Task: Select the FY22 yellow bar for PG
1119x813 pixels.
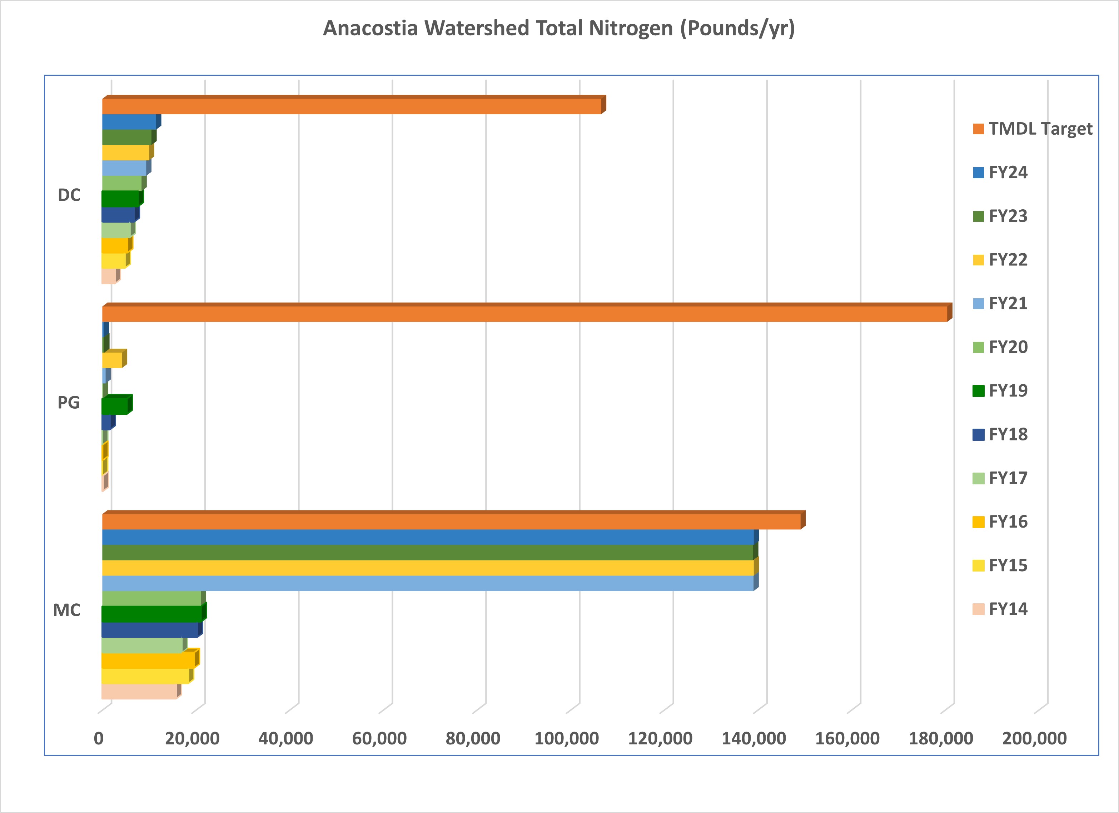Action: [x=112, y=360]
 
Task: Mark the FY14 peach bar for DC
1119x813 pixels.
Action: [x=109, y=276]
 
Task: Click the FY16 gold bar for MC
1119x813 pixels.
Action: [x=148, y=660]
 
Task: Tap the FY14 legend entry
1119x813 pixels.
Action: [x=1008, y=609]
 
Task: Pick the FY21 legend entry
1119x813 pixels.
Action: [x=1008, y=303]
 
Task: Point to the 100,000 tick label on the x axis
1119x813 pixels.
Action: [x=566, y=738]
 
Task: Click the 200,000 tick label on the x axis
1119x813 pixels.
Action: [x=1034, y=738]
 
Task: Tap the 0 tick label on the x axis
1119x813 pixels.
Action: [x=99, y=738]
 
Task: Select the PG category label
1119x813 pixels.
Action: [x=69, y=403]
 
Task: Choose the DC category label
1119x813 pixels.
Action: [x=69, y=195]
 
